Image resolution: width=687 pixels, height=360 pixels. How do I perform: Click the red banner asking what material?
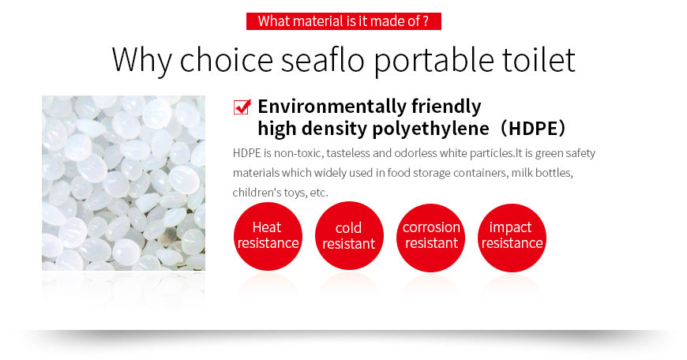point(343,21)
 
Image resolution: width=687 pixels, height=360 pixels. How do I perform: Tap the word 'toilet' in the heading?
point(536,60)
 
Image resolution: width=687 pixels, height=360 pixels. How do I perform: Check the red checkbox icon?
point(242,107)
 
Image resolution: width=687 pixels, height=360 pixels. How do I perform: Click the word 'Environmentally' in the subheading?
point(332,107)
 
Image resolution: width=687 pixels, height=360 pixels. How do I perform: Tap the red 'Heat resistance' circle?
point(267,236)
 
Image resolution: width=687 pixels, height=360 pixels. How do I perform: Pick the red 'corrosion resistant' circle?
point(431,236)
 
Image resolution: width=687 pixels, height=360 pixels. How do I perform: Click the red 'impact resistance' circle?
point(512,236)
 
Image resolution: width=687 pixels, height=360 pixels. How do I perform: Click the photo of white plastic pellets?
point(123,183)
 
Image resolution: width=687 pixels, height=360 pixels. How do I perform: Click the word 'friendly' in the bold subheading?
point(446,107)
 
